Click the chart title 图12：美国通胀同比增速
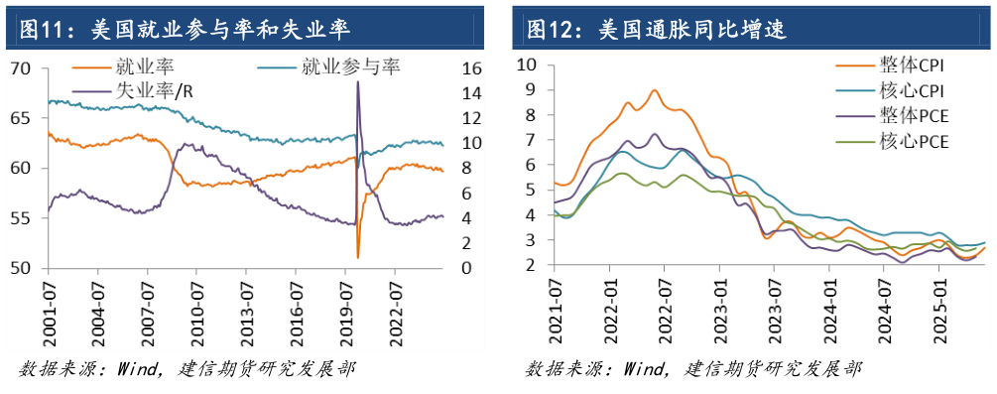655,29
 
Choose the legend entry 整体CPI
913,66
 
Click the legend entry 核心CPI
913,91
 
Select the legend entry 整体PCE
913,116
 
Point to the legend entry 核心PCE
913,141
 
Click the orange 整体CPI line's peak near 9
655,90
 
